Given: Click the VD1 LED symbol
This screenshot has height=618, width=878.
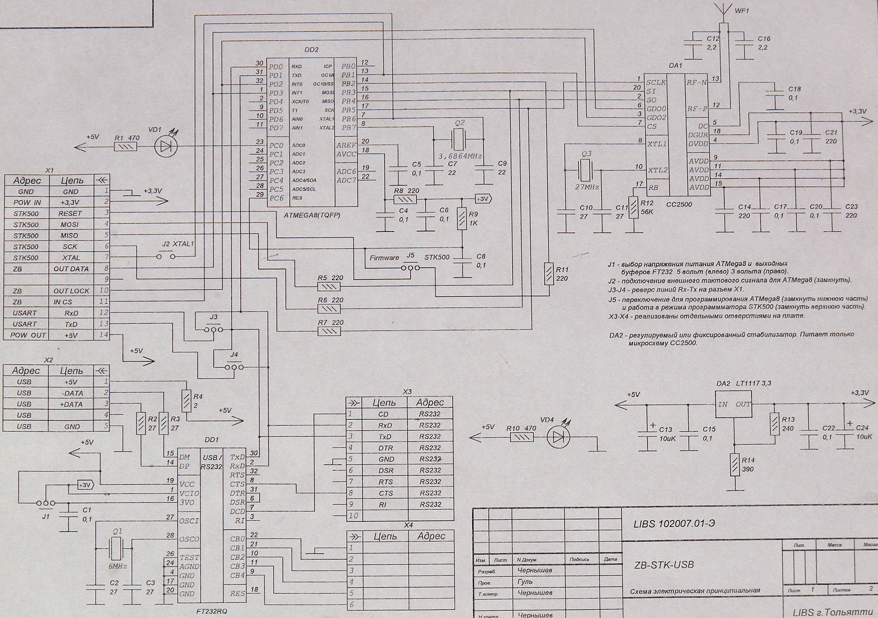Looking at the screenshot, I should coord(166,146).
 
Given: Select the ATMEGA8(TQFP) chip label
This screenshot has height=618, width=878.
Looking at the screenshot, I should coord(312,215).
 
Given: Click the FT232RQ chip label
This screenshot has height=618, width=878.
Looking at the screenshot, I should coord(212,611).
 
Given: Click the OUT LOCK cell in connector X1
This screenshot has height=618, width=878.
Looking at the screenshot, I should coord(71,291).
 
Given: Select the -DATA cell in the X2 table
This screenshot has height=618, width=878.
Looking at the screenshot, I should coord(72,393).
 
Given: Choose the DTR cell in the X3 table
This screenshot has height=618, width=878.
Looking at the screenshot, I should coord(385,448).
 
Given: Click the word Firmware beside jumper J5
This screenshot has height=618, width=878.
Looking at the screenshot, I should coord(384,257).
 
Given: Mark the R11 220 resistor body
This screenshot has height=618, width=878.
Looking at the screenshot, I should coord(549,273).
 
